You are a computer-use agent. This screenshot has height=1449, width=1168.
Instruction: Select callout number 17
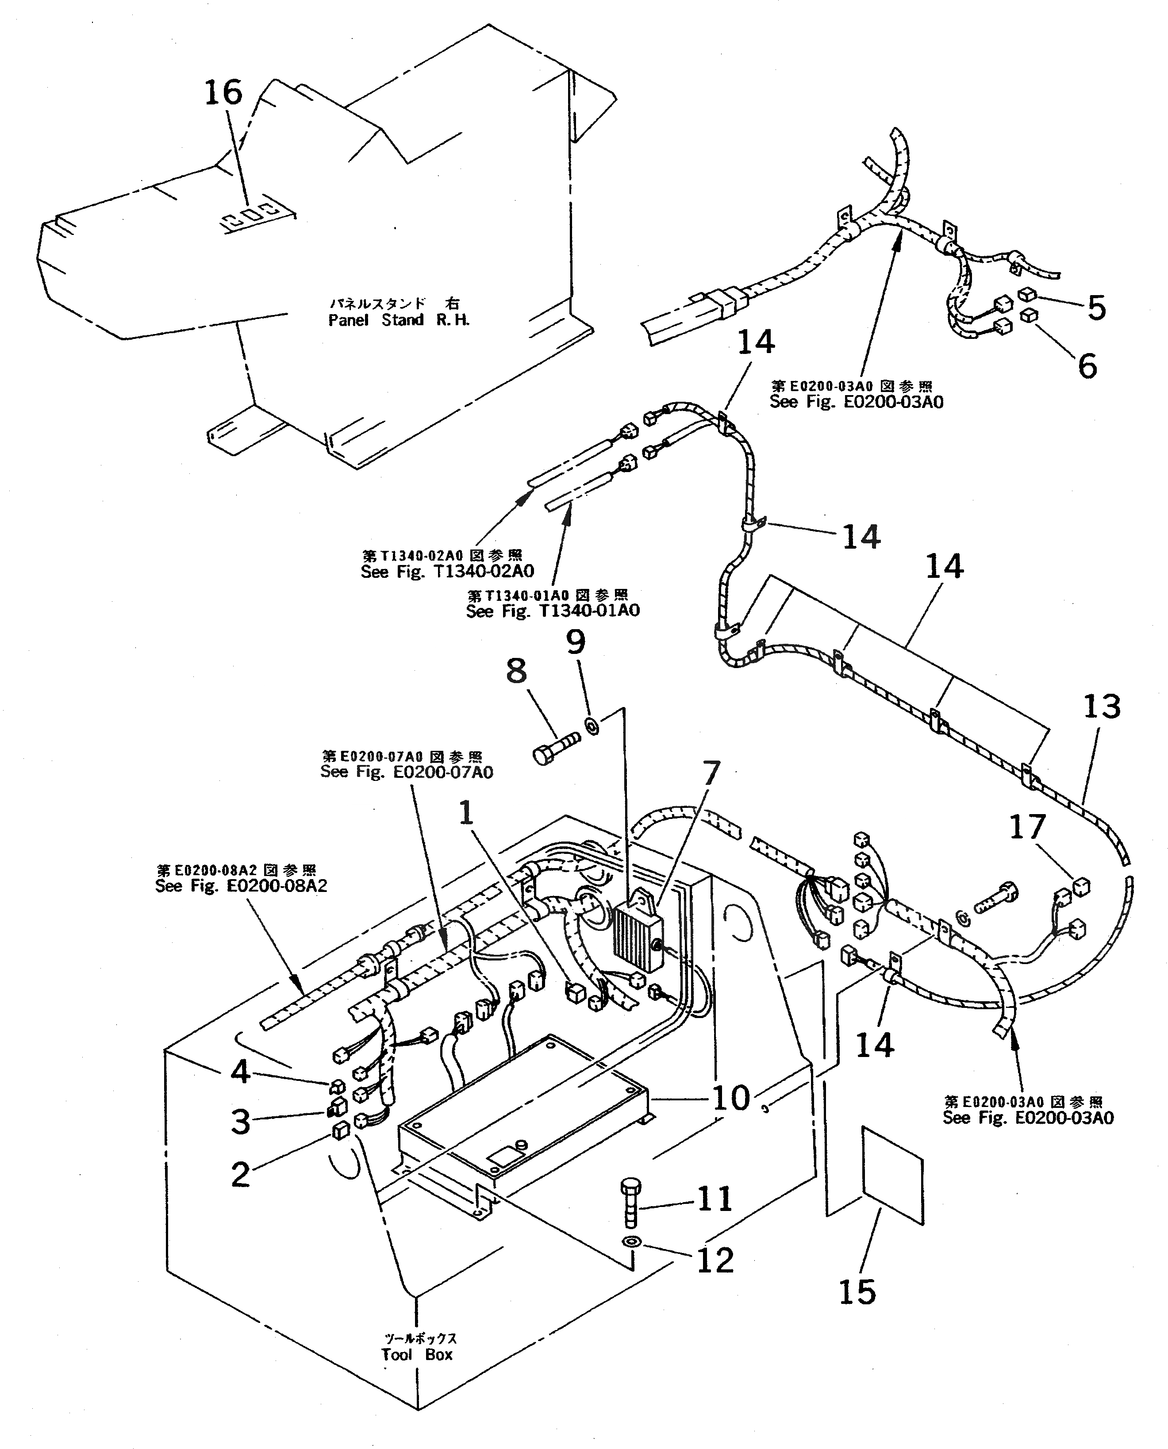coord(1027,827)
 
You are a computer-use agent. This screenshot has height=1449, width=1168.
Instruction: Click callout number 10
coord(731,1098)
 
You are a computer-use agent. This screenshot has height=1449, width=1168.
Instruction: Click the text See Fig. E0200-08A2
coord(241,886)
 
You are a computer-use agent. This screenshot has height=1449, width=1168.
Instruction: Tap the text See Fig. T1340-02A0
coord(447,572)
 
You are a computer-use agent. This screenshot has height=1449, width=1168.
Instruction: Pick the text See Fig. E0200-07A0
coord(407,772)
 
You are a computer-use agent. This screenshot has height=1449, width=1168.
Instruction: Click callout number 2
coord(240,1175)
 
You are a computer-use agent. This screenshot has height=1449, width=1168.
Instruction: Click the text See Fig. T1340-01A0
coord(553,611)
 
